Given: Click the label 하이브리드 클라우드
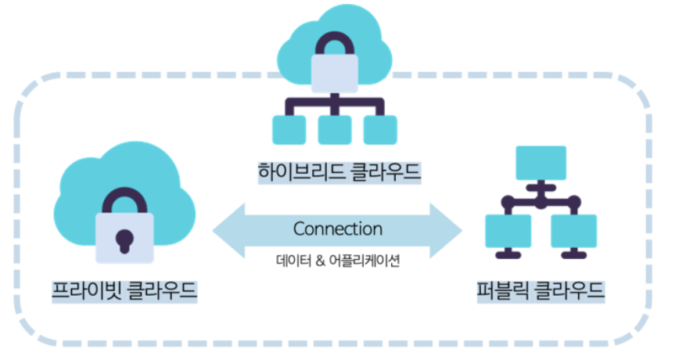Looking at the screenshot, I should pos(339,171).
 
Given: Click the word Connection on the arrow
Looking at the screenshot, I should pos(338,229).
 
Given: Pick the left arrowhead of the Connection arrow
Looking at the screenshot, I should pos(227,230).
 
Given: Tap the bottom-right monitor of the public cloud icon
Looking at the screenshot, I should pos(573,231).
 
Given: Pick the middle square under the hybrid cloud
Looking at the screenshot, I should pos(334,130).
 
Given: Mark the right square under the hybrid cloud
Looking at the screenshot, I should pos(380,130).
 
